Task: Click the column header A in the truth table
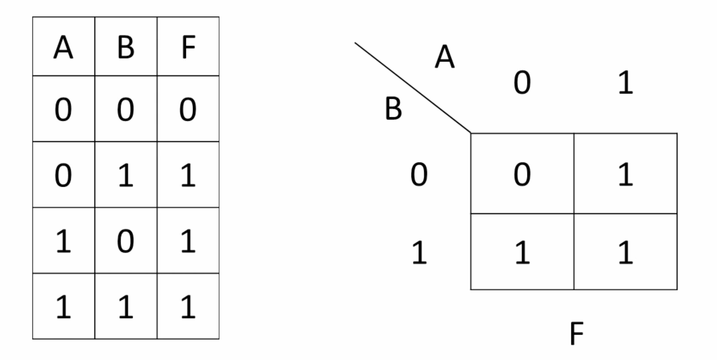(63, 47)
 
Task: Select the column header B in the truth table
(126, 47)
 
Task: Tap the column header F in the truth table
(188, 47)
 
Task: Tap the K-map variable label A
(445, 56)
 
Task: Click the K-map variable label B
(393, 108)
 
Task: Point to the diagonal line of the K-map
(413, 88)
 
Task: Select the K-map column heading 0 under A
(522, 82)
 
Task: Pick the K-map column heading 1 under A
(626, 82)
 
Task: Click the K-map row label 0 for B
(419, 174)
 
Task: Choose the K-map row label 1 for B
(419, 252)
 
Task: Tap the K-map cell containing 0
(522, 173)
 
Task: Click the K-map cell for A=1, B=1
(626, 252)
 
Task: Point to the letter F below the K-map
(577, 333)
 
